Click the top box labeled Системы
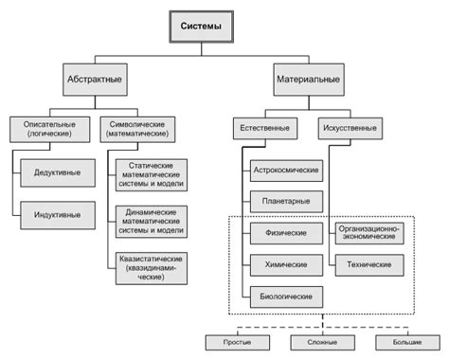(201, 27)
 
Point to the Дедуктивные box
(57, 172)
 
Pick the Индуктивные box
(57, 215)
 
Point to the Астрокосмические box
(285, 171)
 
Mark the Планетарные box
(285, 201)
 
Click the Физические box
(285, 232)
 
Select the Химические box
(285, 264)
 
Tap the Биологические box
(285, 297)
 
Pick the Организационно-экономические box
(369, 232)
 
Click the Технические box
(369, 264)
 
